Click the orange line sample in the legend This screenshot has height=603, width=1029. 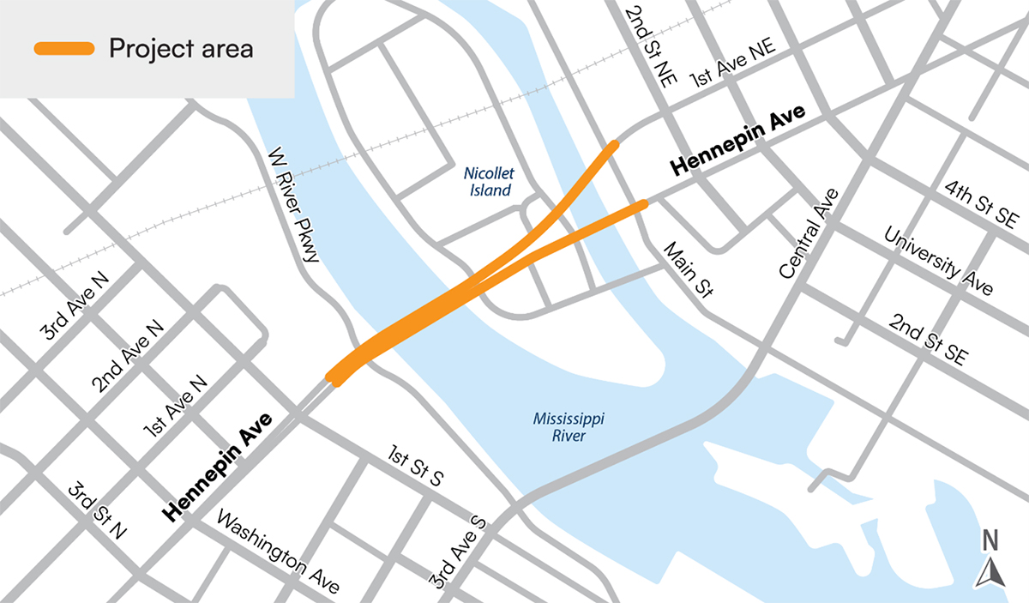coord(63,49)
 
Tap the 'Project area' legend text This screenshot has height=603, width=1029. coord(181,49)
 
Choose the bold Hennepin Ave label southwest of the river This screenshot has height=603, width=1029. coord(220,467)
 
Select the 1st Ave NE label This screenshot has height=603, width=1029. coord(732,64)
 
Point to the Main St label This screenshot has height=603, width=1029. coord(689,270)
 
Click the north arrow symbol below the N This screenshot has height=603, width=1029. coord(990,572)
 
